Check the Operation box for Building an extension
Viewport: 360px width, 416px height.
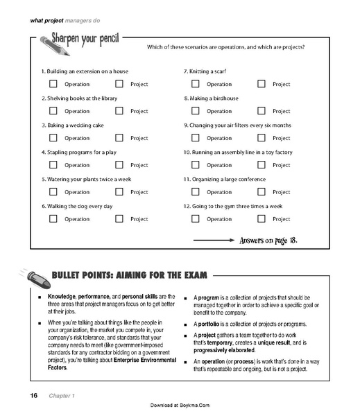click(x=53, y=84)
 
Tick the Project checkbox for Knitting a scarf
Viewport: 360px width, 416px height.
click(x=262, y=84)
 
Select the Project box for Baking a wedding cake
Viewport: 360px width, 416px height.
click(x=119, y=138)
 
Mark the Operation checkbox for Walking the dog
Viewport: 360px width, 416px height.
click(x=53, y=219)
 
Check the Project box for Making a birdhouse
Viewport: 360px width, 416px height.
click(x=262, y=111)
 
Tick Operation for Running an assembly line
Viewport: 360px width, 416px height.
click(x=196, y=165)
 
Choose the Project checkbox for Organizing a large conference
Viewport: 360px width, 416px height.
click(x=262, y=192)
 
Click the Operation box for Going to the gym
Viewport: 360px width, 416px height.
click(x=196, y=219)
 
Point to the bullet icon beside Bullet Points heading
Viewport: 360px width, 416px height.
click(x=39, y=277)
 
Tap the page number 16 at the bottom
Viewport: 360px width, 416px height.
click(x=33, y=395)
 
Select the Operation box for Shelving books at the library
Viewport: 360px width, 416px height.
click(x=53, y=111)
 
